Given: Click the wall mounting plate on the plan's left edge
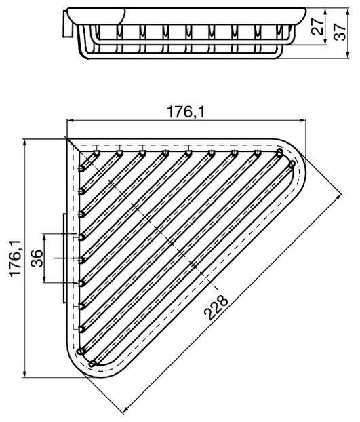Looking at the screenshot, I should [x=65, y=258].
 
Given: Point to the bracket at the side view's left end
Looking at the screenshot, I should [x=68, y=26].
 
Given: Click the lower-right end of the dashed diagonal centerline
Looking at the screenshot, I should [x=209, y=280].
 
